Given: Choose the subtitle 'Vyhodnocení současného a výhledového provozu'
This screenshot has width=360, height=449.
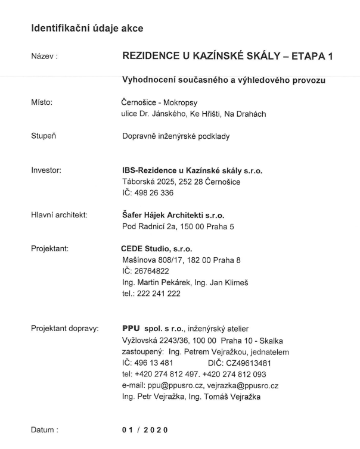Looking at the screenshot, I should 223,80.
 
